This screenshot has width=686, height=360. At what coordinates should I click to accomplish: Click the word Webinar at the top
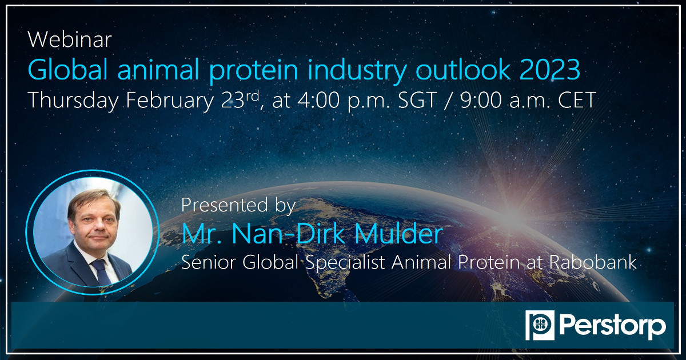pyautogui.click(x=69, y=39)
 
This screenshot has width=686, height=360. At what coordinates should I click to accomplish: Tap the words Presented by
pyautogui.click(x=238, y=205)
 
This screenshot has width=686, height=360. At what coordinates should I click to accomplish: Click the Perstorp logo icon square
pyautogui.click(x=538, y=326)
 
